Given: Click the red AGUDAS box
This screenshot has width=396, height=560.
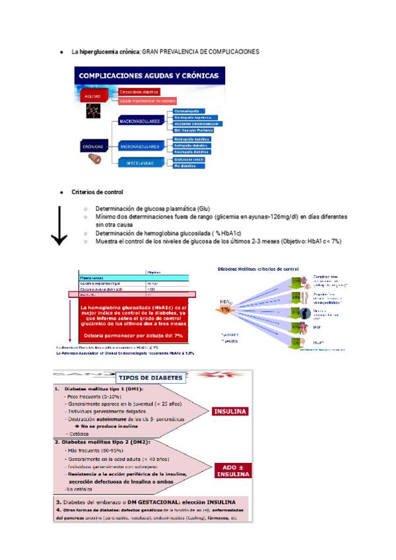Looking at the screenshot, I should [92, 96].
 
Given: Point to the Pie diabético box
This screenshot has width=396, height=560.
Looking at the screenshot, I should [187, 166].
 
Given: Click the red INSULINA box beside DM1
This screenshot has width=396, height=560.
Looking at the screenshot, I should [229, 411].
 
